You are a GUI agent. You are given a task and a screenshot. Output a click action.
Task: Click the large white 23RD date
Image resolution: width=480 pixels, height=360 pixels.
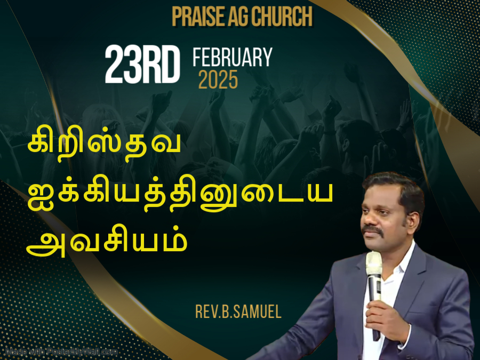pyautogui.click(x=142, y=65)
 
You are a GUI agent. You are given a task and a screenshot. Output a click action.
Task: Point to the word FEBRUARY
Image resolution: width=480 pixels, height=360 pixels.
pyautogui.click(x=233, y=57)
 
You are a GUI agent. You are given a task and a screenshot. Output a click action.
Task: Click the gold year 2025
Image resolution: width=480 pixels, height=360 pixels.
pyautogui.click(x=218, y=79)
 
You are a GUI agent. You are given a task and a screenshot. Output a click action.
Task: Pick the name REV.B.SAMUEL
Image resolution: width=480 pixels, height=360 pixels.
pyautogui.click(x=238, y=311)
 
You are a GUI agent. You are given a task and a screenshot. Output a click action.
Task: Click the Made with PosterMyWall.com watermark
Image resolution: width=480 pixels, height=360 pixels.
pyautogui.click(x=61, y=352)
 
